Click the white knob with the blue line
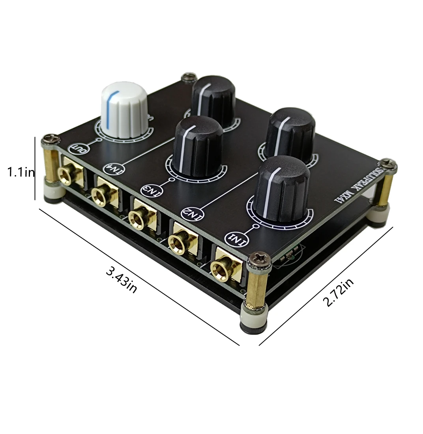point(124,108)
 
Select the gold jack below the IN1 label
point(225,270)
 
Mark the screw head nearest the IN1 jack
point(260,259)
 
